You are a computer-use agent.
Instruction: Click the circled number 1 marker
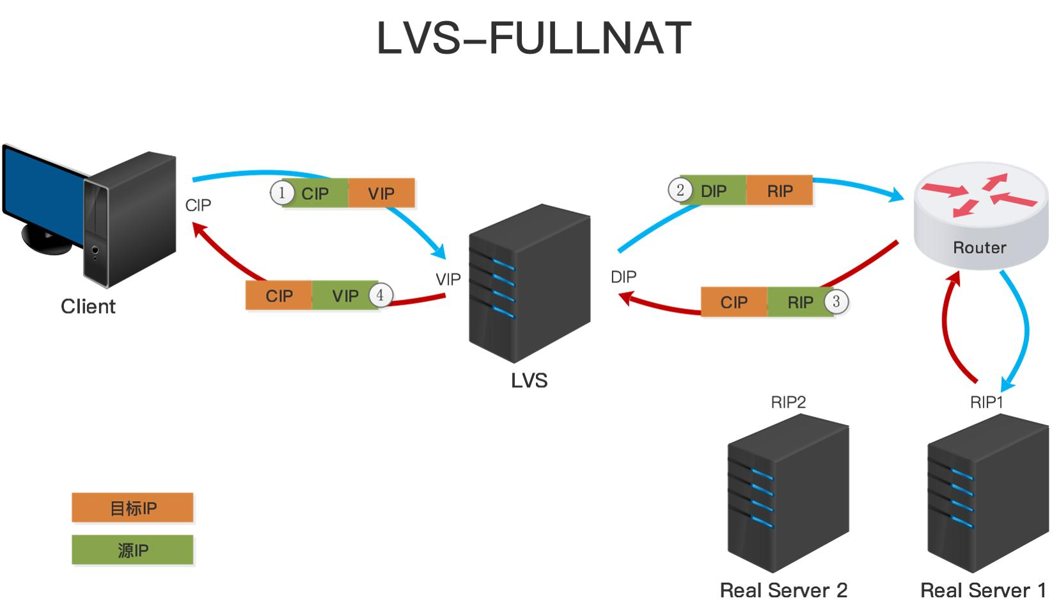(x=282, y=193)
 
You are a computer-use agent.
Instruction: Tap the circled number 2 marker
(x=680, y=190)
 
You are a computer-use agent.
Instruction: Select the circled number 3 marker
(x=836, y=302)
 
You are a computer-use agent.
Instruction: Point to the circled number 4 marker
(x=380, y=295)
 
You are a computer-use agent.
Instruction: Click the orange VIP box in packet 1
(x=382, y=193)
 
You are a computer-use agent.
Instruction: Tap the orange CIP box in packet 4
(x=279, y=296)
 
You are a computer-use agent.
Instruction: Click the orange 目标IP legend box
(x=132, y=508)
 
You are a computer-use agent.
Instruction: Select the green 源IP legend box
(x=132, y=550)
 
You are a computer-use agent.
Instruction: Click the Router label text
(x=979, y=248)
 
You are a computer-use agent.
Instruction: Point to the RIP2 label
(x=788, y=402)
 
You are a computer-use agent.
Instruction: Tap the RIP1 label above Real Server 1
(x=986, y=402)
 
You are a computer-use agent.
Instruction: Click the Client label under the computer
(x=88, y=307)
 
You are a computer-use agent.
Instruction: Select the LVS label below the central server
(x=529, y=381)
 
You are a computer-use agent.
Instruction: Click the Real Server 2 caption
(x=783, y=590)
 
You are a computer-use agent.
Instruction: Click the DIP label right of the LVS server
(x=624, y=277)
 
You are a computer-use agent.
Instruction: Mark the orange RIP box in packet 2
(x=780, y=191)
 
